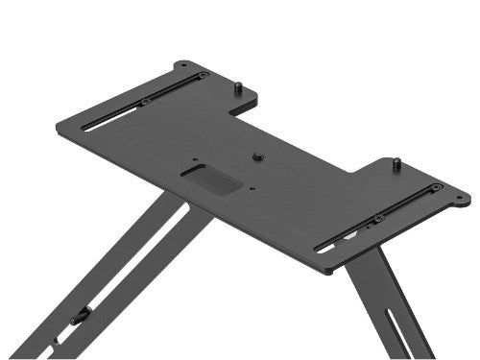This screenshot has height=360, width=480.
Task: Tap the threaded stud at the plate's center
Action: point(257,155)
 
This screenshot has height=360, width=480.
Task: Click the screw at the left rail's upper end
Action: point(202,74)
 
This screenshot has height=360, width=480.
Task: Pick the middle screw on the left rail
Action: point(144,102)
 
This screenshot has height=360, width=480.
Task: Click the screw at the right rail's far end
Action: point(437,186)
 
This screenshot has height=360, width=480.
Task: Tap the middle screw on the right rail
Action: point(377,219)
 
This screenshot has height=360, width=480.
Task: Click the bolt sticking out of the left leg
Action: point(83,315)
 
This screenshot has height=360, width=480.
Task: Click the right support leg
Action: point(389,307)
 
